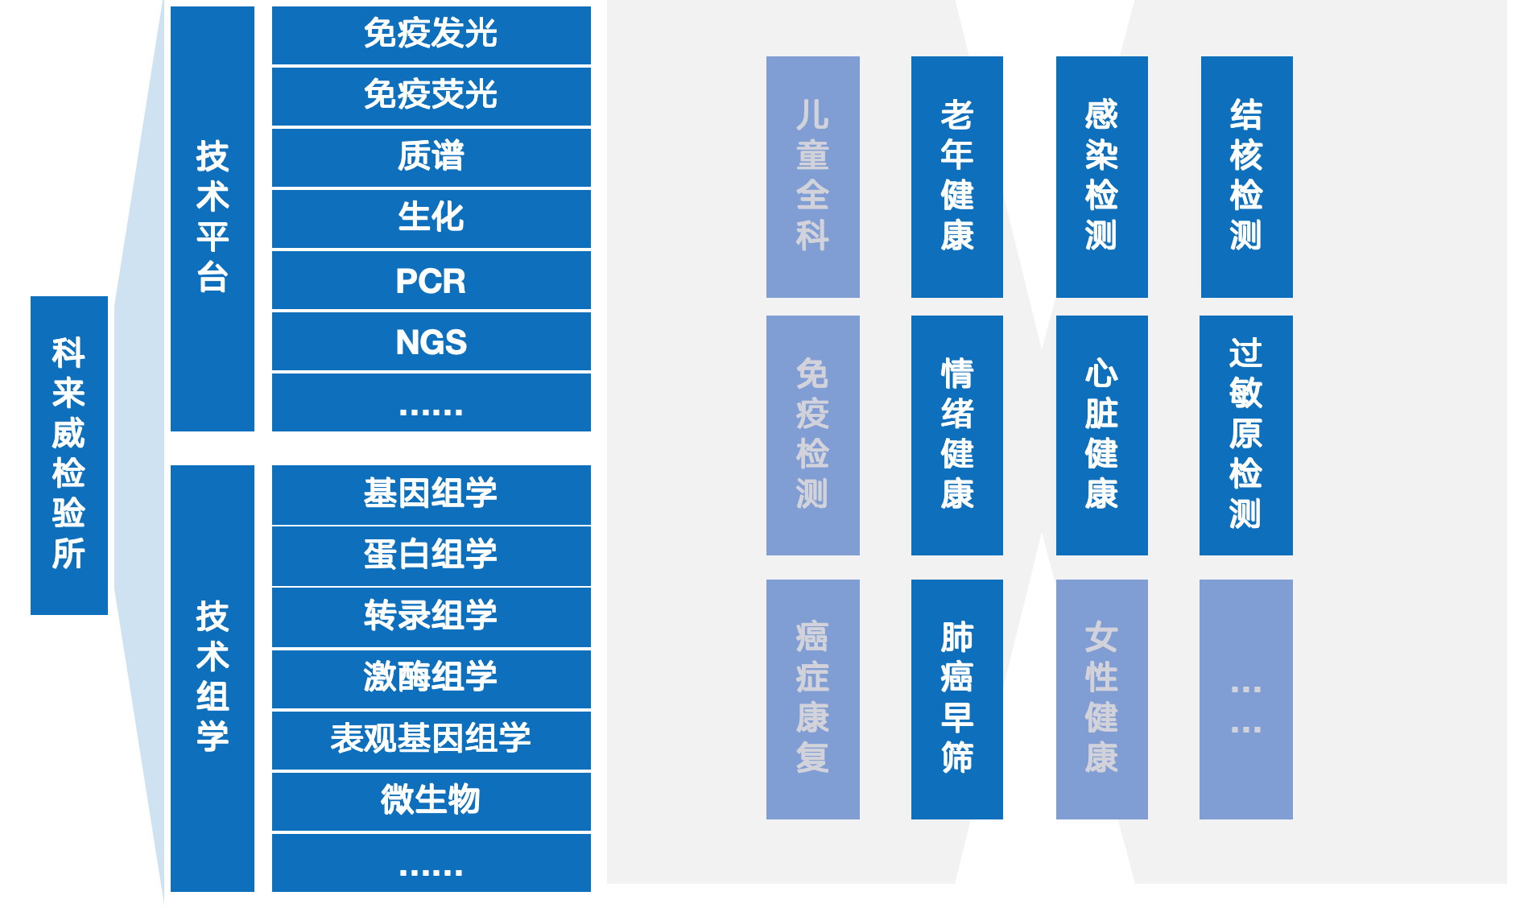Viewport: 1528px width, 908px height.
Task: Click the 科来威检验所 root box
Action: pos(69,455)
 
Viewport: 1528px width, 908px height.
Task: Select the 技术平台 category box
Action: pos(213,218)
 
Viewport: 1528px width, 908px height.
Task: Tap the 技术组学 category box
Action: pos(213,678)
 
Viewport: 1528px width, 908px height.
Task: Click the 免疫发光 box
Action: pos(431,35)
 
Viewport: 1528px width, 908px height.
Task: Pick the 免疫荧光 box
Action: pos(431,96)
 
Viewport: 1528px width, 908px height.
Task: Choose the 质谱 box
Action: pos(431,157)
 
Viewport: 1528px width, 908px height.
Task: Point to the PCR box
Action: pos(431,280)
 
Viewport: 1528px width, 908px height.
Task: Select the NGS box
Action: pos(431,341)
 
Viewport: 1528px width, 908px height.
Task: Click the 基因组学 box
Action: pos(431,494)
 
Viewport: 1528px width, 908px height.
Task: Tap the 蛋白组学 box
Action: pos(431,555)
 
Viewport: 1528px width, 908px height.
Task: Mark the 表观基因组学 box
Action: pos(431,739)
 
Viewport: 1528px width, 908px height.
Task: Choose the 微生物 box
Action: pos(431,800)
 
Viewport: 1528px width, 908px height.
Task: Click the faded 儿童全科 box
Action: pos(812,176)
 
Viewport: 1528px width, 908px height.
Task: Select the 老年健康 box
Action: pos(956,176)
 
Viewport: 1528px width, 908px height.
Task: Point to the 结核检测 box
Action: pos(1246,176)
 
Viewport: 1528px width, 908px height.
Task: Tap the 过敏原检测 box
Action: pos(1245,435)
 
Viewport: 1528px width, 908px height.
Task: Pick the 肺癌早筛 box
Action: pos(956,699)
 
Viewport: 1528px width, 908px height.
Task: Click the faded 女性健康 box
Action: pos(1101,699)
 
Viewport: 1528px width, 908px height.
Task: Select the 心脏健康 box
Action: pos(1101,435)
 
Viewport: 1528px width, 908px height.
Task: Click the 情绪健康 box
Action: pos(956,435)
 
